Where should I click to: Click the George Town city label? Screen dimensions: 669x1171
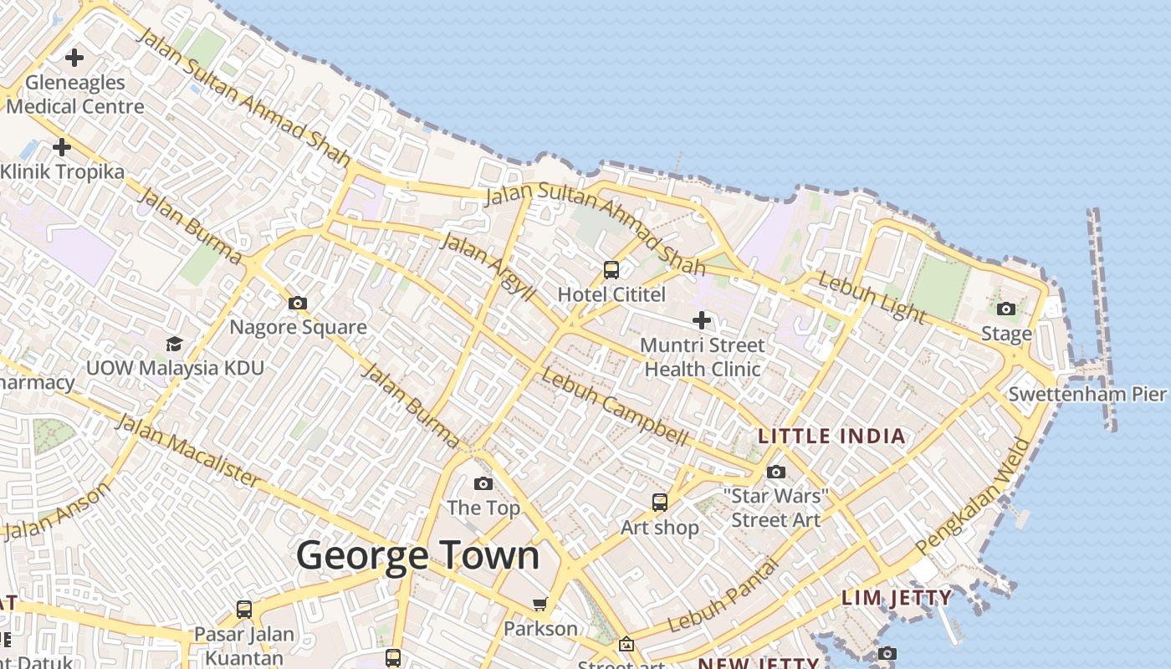[x=417, y=556]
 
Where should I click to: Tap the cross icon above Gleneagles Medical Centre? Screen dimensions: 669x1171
[x=74, y=58]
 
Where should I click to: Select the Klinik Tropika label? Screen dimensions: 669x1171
[x=62, y=171]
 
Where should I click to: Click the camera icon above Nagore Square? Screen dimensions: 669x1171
[x=297, y=303]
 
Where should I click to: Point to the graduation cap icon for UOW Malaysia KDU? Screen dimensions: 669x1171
[x=174, y=344]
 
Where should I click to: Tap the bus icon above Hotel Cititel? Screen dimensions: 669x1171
[x=611, y=269]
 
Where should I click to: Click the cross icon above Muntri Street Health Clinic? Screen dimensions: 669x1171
[x=702, y=319]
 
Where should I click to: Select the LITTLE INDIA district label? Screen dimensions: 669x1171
[x=831, y=436]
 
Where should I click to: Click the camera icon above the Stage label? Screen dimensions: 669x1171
[x=1006, y=309]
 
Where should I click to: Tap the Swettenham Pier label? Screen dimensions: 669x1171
[x=1087, y=394]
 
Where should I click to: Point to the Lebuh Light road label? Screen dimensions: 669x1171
[x=872, y=297]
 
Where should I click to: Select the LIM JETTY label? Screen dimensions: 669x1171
[x=897, y=598]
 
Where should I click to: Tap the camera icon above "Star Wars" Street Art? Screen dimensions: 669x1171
[x=775, y=472]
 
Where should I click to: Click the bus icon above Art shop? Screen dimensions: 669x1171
[x=660, y=502]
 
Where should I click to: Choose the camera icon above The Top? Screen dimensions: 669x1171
[x=483, y=483]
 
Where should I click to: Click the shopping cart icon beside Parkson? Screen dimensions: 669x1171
[x=539, y=604]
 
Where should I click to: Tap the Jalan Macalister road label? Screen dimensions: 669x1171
[x=187, y=449]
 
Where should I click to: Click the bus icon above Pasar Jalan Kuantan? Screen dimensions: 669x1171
[x=243, y=609]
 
